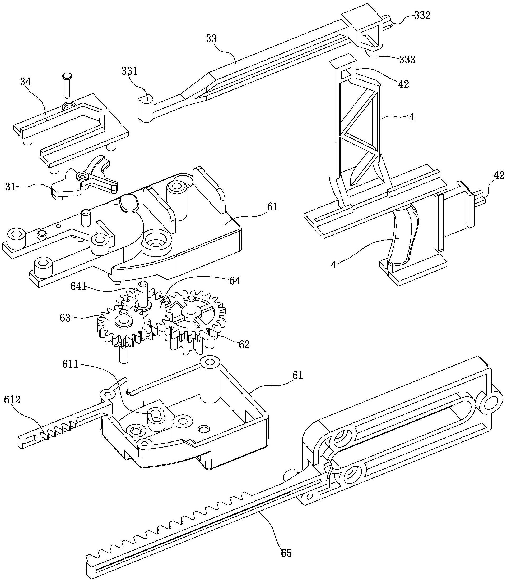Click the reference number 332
coord(422,16)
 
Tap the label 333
coord(407,60)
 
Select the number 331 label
coord(129,71)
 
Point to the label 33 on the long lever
coord(211,39)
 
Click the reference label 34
coord(25,82)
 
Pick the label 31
coord(11,187)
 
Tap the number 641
coord(78,287)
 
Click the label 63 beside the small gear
coord(65,318)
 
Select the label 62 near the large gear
coord(244,345)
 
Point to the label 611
coord(70,364)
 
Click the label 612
coord(12,400)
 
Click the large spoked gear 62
coord(195,320)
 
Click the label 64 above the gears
coord(235,281)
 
